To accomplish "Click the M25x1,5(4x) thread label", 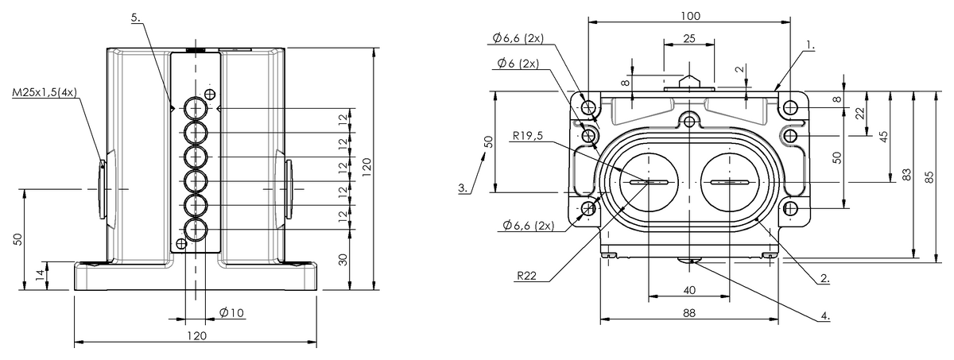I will (45, 92).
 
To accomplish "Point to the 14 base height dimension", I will (39, 275).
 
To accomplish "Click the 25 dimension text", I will (688, 38).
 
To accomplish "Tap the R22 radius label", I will (529, 276).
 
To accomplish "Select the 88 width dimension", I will (688, 313).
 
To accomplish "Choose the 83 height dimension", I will (908, 175).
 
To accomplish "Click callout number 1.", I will (809, 47).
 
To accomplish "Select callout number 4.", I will (825, 315).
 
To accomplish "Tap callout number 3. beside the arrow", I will (463, 188).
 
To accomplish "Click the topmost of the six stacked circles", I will (196, 107).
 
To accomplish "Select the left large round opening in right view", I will (649, 182).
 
